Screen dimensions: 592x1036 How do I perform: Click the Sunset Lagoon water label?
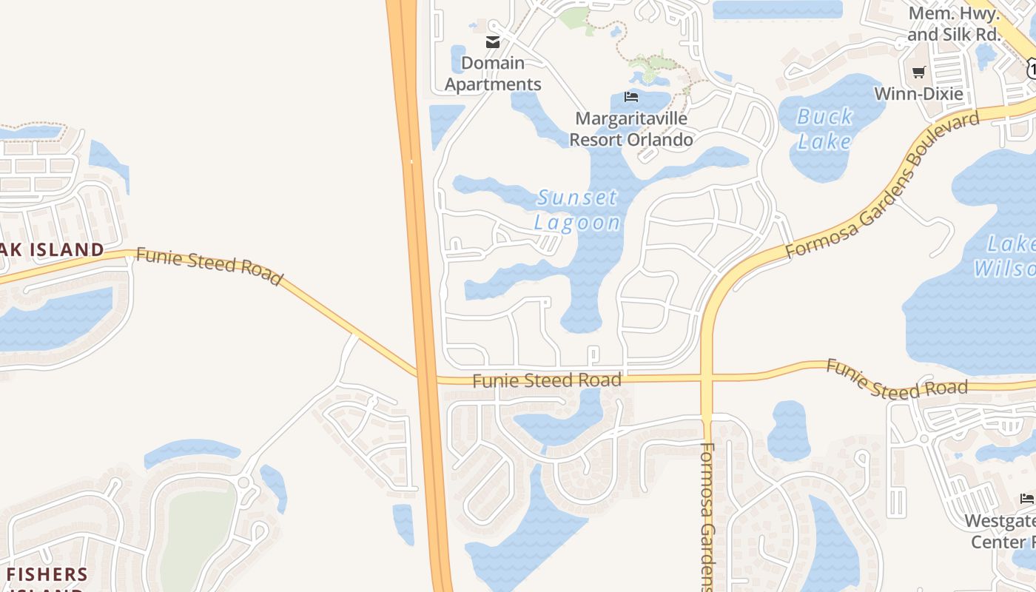pos(578,210)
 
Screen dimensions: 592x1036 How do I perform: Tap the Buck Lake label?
pos(824,129)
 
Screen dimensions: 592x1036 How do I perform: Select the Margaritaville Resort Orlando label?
pos(631,129)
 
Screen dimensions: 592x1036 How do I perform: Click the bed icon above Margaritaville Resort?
pos(631,97)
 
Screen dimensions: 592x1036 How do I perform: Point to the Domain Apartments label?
pos(493,74)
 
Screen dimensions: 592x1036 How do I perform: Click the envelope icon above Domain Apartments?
pos(493,42)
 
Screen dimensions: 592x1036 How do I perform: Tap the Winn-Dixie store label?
pos(918,94)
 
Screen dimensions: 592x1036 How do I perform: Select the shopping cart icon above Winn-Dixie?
pos(918,72)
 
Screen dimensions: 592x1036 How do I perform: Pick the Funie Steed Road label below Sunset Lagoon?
pos(546,381)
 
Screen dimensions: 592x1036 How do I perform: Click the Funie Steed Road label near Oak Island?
pos(209,266)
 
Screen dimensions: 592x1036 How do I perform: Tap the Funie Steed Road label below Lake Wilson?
pos(896,379)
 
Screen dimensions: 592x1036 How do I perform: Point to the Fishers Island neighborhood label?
pos(47,575)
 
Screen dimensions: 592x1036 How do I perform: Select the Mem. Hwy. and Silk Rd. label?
pos(954,24)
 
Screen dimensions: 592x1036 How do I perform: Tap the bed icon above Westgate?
pos(1026,499)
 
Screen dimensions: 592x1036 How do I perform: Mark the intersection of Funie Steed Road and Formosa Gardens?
pos(706,378)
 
